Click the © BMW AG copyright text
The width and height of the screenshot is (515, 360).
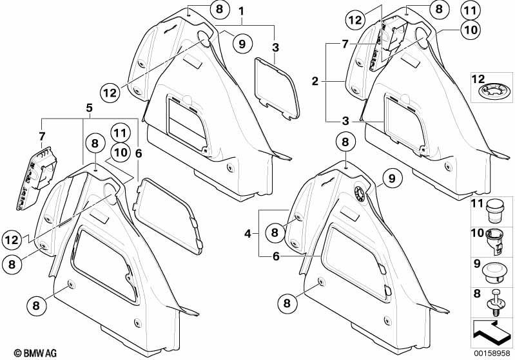(x=35, y=353)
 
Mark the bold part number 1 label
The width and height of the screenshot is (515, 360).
(x=242, y=12)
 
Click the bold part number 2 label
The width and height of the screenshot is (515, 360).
(x=315, y=81)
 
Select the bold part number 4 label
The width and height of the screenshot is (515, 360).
(x=248, y=234)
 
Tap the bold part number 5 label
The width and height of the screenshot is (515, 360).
(x=90, y=108)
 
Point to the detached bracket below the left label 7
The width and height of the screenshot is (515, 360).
(x=37, y=178)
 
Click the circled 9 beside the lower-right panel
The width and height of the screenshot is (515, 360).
(x=391, y=178)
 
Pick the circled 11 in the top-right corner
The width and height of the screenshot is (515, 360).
(x=471, y=10)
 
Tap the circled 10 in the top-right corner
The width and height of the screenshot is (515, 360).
(x=471, y=30)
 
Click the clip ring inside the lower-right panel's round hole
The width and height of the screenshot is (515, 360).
(x=360, y=193)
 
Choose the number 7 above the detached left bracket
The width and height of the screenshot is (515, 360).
(x=42, y=135)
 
